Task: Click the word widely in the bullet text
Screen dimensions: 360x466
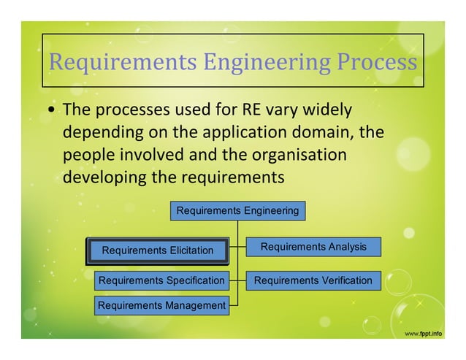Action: coord(326,111)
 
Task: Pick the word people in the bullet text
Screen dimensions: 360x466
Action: coord(85,156)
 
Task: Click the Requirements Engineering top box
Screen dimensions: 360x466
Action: coord(237,211)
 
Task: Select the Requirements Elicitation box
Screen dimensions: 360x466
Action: coord(158,250)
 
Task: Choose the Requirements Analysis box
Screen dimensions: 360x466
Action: coord(313,247)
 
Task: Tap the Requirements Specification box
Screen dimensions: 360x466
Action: coord(161,280)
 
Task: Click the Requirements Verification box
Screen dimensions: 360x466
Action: coord(313,280)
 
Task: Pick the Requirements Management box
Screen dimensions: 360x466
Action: coord(161,305)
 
